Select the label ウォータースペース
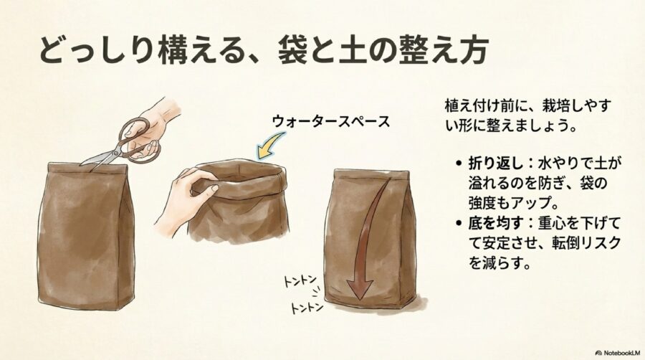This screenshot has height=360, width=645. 330,120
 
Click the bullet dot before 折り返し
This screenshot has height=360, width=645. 459,164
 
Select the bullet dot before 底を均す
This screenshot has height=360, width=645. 459,224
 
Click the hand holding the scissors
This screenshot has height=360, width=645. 158,115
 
